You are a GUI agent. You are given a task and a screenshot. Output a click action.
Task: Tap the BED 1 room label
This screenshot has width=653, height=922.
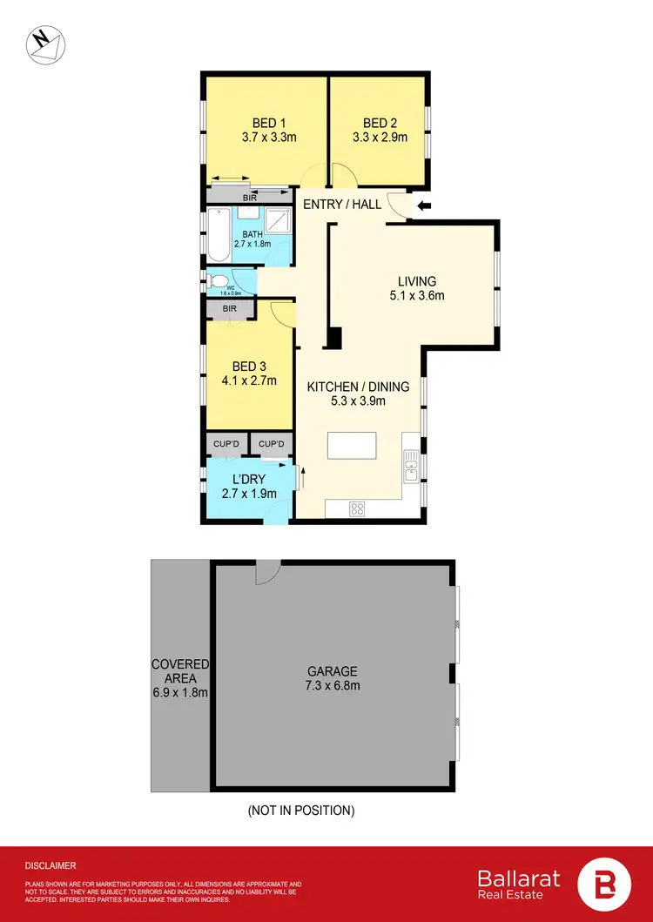tap(264, 123)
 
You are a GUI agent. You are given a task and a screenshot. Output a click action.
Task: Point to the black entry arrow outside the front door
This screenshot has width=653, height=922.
tap(424, 206)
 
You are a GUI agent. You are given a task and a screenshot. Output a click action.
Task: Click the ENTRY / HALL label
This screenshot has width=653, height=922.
tap(342, 205)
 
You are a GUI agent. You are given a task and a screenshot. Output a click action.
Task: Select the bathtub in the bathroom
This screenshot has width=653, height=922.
tap(219, 235)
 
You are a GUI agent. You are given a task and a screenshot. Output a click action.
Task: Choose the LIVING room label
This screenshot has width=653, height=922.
tap(416, 281)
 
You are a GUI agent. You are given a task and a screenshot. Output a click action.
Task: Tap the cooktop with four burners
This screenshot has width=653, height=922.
tap(357, 509)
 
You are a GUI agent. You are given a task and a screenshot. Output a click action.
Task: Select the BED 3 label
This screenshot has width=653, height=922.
tap(247, 367)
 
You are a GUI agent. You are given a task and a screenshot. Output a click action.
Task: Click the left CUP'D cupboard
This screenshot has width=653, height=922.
tap(226, 445)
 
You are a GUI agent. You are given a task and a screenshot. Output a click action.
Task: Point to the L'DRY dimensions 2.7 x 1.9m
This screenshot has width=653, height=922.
tap(248, 494)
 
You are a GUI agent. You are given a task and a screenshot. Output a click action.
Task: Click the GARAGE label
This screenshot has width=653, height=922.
tap(332, 671)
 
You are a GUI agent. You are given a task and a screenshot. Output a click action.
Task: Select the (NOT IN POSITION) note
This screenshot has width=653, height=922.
tap(301, 811)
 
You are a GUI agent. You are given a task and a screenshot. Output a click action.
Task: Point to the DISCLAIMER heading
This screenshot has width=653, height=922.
tap(50, 865)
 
